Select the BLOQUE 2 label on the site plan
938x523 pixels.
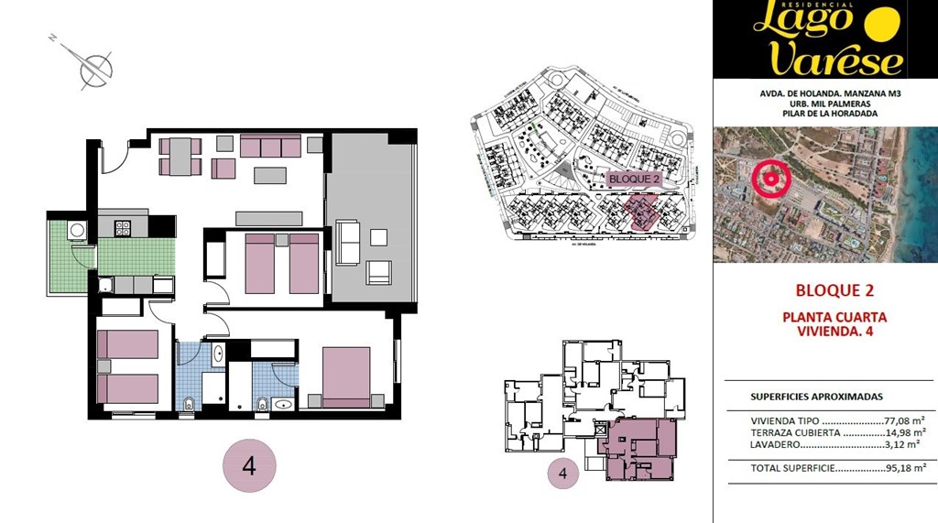tap(632, 179)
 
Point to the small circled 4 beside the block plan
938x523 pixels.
tap(563, 474)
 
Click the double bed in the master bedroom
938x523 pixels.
tap(346, 376)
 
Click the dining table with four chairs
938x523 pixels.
tap(180, 156)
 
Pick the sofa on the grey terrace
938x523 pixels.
tap(347, 241)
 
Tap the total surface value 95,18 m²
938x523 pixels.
tap(907, 467)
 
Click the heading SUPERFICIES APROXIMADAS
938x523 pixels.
tap(816, 397)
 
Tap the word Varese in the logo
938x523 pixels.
tap(835, 60)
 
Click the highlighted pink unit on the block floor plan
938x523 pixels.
tap(638, 448)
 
